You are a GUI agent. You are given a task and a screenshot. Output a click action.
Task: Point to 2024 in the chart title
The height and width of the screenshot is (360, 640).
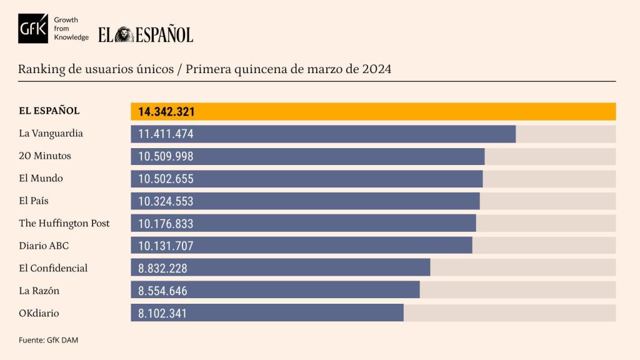(x=376, y=69)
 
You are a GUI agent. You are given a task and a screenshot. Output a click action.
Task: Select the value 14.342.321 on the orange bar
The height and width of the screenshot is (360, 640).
(x=167, y=112)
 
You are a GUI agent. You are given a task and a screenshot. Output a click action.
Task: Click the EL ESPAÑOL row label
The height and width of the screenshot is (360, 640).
(x=49, y=111)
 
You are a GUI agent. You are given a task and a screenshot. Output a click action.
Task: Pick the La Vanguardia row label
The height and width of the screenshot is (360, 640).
(x=51, y=133)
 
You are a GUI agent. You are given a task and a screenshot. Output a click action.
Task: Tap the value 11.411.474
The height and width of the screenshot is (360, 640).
(x=166, y=134)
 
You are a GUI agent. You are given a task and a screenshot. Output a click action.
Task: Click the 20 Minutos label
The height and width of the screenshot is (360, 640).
(x=45, y=156)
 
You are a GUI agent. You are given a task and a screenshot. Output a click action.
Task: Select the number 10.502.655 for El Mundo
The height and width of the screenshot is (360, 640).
(x=166, y=179)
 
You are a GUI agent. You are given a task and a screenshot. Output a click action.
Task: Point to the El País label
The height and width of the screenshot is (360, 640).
(x=34, y=201)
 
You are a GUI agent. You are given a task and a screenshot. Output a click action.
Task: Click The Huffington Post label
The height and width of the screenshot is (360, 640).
(x=64, y=223)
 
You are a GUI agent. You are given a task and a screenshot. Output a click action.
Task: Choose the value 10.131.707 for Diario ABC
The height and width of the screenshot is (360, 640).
(x=166, y=246)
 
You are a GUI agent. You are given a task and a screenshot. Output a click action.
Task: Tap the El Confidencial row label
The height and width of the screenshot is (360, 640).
(x=54, y=268)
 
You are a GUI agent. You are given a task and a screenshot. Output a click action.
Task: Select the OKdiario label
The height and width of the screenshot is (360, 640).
(x=39, y=313)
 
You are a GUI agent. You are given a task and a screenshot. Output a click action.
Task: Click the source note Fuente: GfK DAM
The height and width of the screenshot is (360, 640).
(x=49, y=340)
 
